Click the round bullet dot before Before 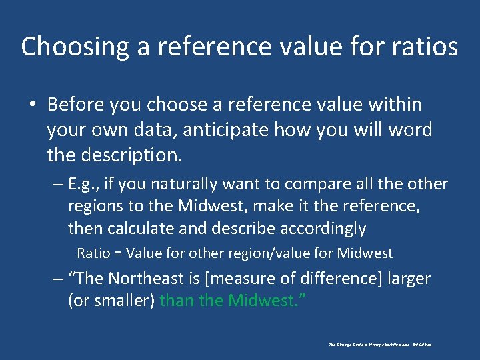point(32,105)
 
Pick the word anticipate point(217,129)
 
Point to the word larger point(405,278)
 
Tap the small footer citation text point(380,345)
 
